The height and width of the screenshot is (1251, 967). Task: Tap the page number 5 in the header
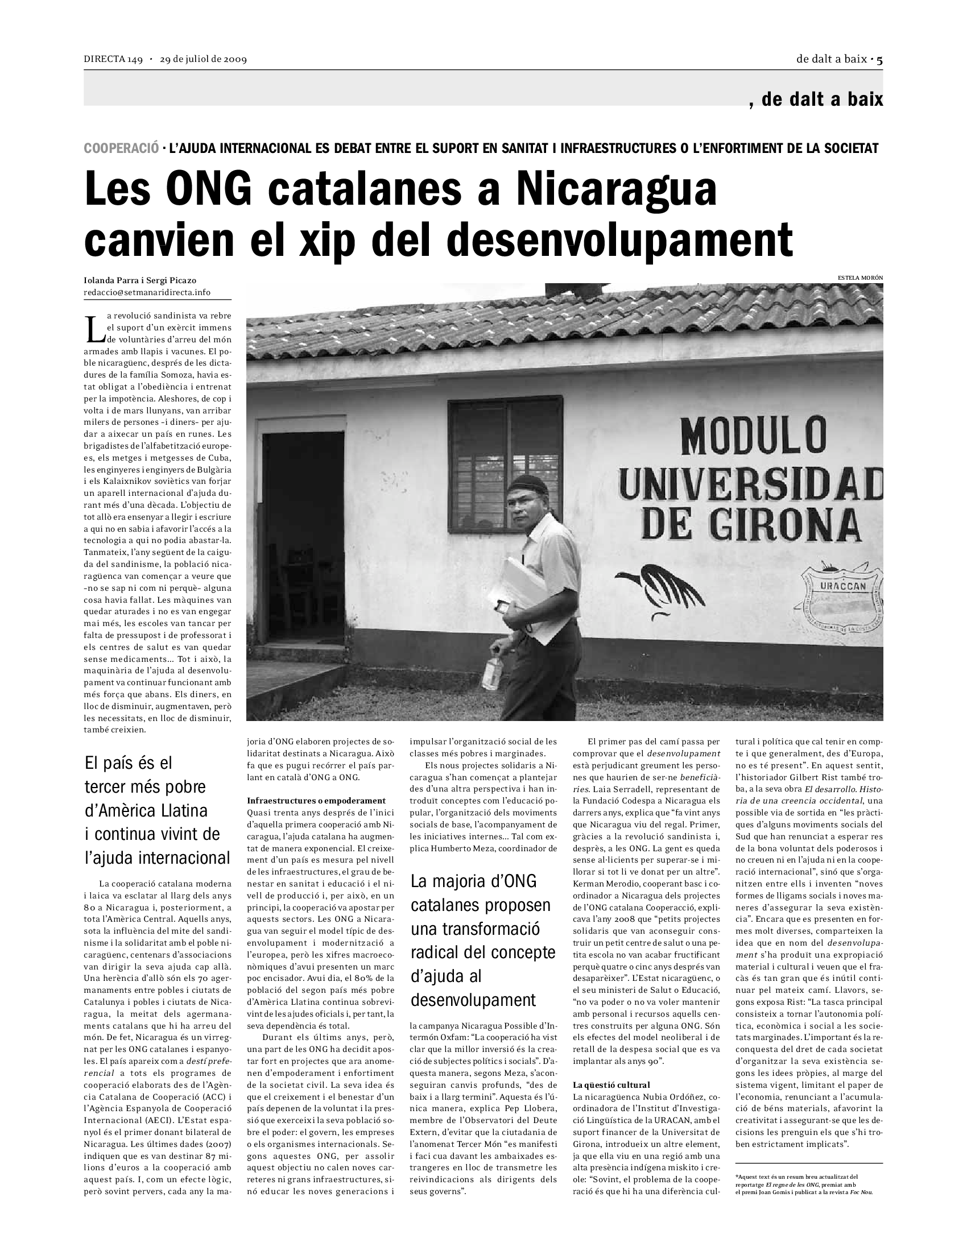(879, 59)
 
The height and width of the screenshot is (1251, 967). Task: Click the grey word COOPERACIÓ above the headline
(121, 148)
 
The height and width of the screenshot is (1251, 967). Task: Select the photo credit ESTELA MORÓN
(860, 277)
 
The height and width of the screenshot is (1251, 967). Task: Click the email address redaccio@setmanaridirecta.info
(147, 293)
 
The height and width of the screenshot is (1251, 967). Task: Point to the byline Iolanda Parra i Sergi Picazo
(140, 281)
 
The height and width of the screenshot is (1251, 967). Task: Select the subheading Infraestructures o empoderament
(316, 800)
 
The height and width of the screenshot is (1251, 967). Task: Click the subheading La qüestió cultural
(611, 1085)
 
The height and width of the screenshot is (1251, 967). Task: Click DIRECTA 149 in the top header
(113, 59)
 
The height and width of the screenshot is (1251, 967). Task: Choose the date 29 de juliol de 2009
(204, 59)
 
